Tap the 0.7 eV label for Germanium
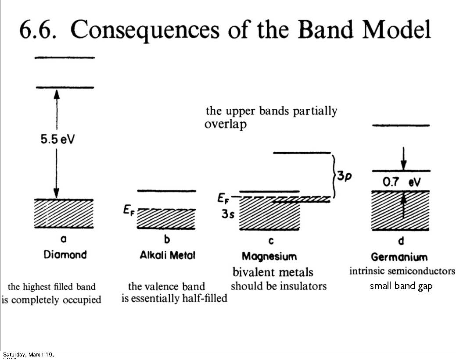[x=402, y=182]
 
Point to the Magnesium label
[x=269, y=256]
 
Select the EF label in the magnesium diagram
[x=224, y=199]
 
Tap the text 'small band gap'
[x=401, y=286]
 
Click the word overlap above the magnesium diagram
[x=225, y=124]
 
